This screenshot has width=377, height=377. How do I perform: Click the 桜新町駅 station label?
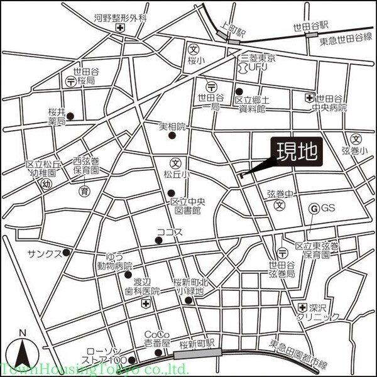pyautogui.click(x=197, y=344)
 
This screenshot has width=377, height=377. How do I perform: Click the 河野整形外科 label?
pyautogui.click(x=120, y=18)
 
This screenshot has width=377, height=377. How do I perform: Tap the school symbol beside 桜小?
pyautogui.click(x=194, y=48)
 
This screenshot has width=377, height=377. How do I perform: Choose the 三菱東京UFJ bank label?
pyautogui.click(x=254, y=62)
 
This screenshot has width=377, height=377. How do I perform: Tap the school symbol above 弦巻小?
pyautogui.click(x=356, y=139)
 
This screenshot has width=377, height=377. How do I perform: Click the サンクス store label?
pyautogui.click(x=43, y=253)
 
